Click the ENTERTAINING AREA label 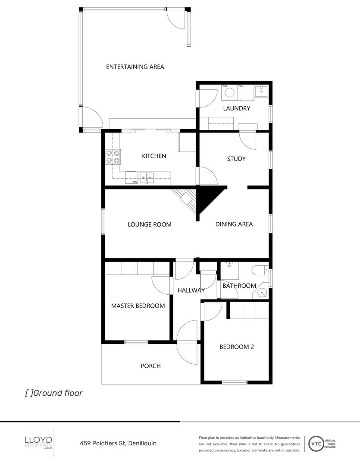click(135, 67)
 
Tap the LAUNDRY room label click(236, 108)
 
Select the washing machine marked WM click(230, 92)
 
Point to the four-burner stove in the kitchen click(113, 157)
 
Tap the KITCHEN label click(154, 156)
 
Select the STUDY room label click(236, 159)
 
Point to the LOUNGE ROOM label click(150, 224)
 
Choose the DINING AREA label click(234, 224)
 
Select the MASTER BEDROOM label click(138, 306)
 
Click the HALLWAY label click(191, 290)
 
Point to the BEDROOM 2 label click(237, 346)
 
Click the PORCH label click(151, 366)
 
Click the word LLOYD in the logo click(38, 439)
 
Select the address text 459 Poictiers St click(103, 443)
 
